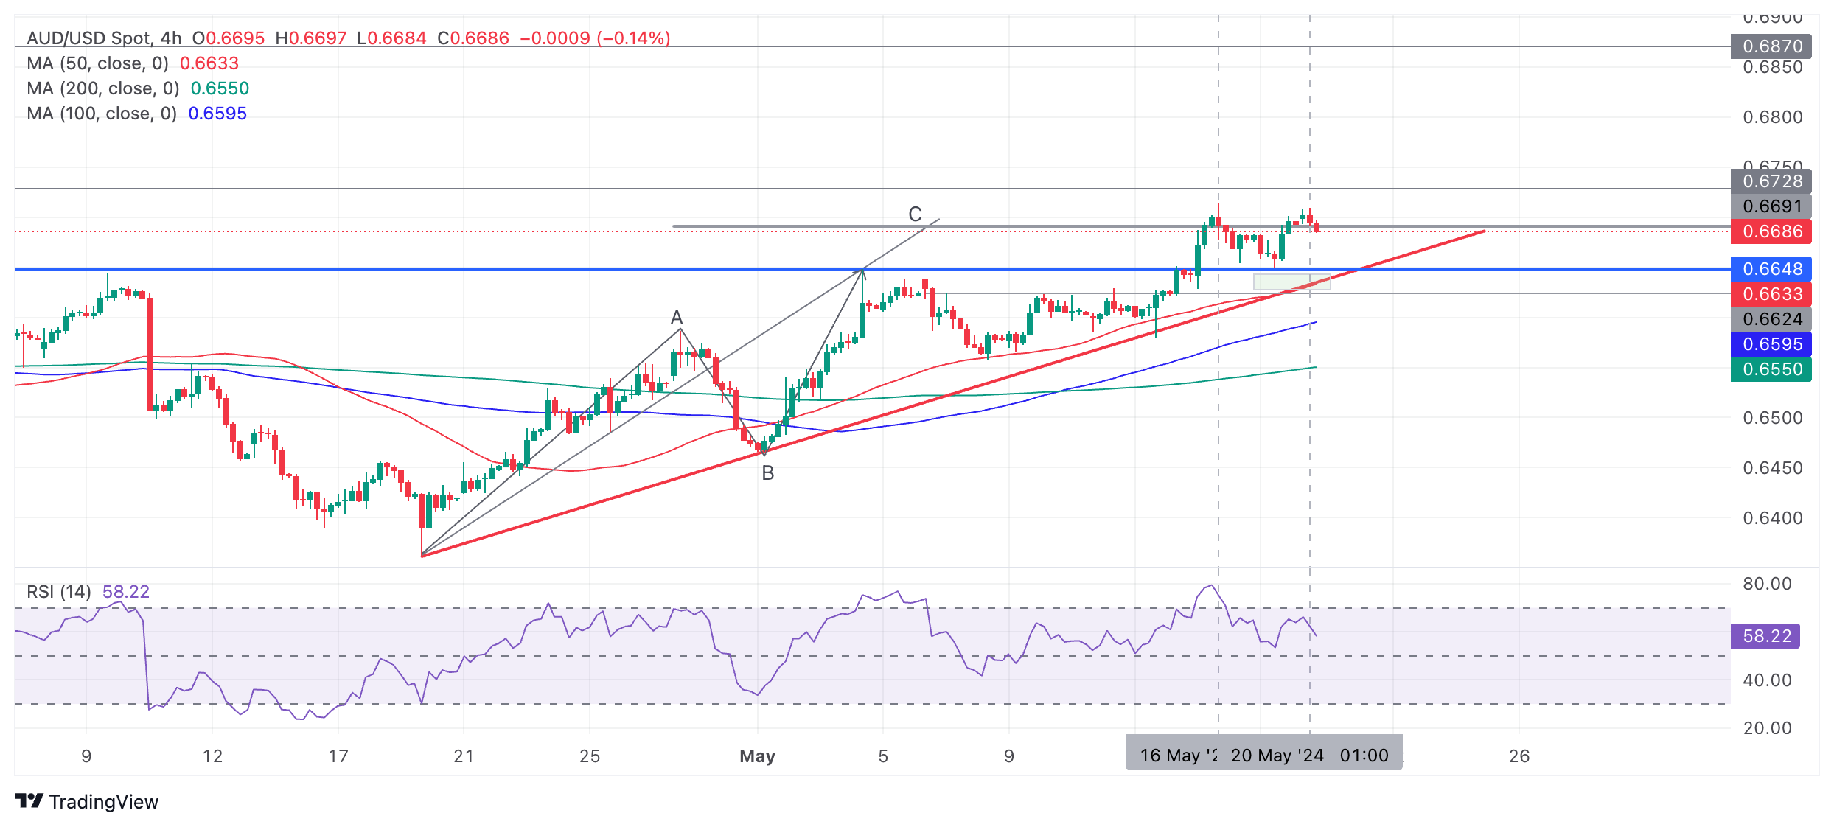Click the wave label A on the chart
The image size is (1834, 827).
point(677,318)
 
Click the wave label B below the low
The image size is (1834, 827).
point(767,473)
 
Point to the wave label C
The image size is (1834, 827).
point(915,214)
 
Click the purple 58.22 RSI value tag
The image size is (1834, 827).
point(1765,636)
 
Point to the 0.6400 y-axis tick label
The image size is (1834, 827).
point(1772,518)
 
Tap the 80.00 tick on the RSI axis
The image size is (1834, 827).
point(1767,584)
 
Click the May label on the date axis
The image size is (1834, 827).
point(757,756)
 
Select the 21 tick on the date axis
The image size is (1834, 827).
point(464,756)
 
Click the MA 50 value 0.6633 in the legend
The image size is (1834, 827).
point(209,63)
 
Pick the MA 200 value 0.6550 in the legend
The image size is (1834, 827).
point(220,88)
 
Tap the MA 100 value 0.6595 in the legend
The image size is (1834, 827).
point(217,114)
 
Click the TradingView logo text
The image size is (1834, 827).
point(103,802)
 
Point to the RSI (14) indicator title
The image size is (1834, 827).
point(59,592)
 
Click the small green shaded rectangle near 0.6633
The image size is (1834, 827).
point(1291,282)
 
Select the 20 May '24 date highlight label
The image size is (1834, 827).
point(1277,756)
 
